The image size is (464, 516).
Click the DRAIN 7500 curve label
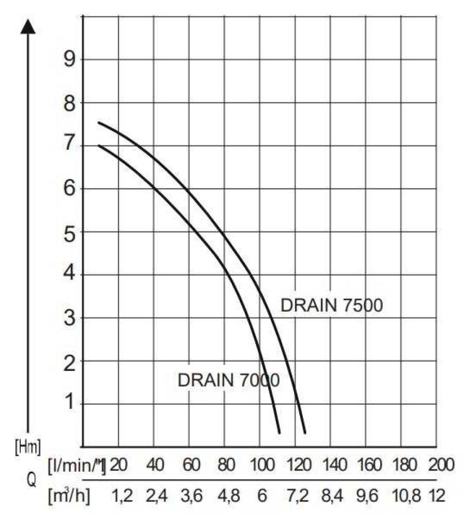(x=331, y=305)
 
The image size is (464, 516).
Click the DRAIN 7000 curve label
(x=228, y=380)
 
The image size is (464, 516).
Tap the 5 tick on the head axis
(x=69, y=231)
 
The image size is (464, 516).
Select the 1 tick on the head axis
(x=69, y=403)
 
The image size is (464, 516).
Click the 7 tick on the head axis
(x=69, y=146)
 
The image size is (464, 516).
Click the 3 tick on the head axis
(x=69, y=317)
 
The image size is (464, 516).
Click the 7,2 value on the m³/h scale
(x=297, y=496)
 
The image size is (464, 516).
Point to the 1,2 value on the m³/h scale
(x=122, y=496)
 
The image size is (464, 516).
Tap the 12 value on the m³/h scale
(x=437, y=496)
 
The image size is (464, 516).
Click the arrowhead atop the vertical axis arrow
(x=28, y=26)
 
